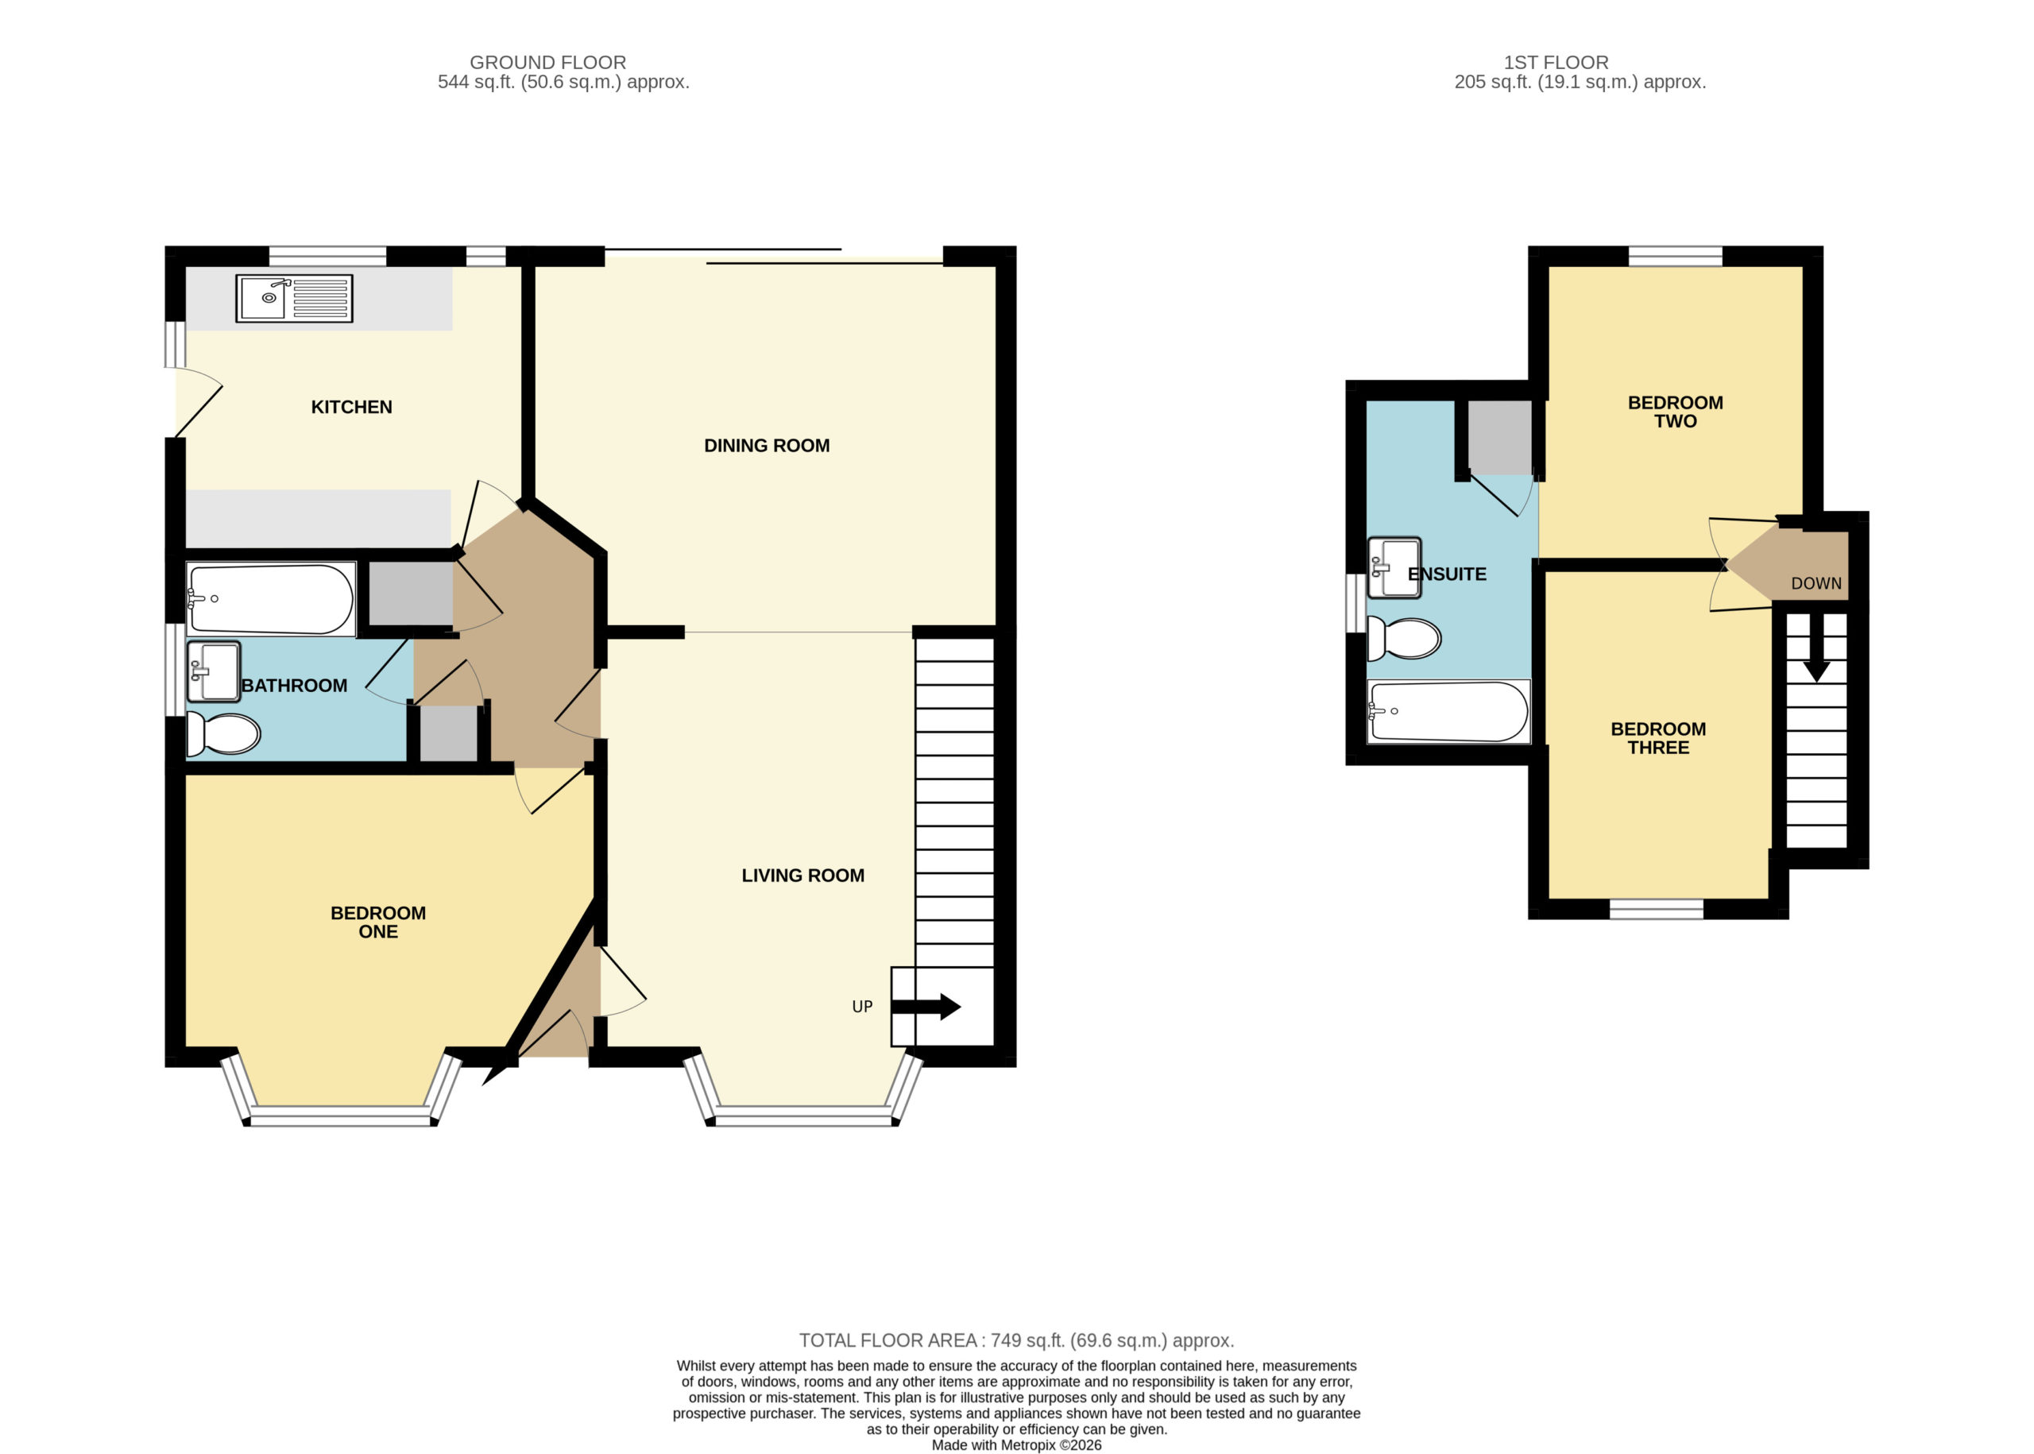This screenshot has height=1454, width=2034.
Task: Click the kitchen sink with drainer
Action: pos(294,298)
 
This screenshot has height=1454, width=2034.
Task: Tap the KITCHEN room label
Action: pos(351,408)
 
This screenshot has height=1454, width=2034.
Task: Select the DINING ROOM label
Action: pos(767,446)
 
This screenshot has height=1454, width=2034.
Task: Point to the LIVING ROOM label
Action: pos(802,876)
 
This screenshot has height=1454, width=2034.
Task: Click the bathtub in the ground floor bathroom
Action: pos(270,599)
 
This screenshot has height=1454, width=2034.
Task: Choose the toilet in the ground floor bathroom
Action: pos(223,734)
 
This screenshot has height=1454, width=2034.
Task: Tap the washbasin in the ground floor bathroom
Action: pos(213,671)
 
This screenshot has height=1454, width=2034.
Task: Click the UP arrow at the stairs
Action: pos(926,1007)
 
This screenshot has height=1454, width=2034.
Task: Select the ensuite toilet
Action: pos(1404,638)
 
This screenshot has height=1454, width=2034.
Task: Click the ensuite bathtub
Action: pos(1448,712)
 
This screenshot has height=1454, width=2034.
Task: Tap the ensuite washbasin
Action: pos(1394,567)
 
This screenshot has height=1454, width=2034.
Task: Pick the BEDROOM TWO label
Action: pos(1675,412)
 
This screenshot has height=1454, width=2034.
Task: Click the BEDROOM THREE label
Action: pos(1658,739)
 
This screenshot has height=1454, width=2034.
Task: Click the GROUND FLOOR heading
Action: pos(548,63)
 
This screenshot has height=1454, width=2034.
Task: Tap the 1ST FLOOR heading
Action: pos(1556,63)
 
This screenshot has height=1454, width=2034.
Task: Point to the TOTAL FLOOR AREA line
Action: pos(1016,1340)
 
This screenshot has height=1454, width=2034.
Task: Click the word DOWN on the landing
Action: pos(1816,584)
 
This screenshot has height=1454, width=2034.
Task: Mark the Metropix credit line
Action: pos(1016,1445)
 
